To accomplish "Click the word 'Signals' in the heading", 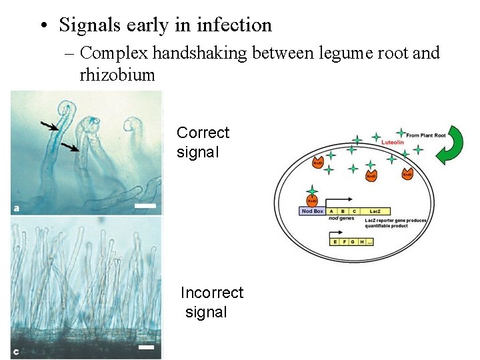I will [x=89, y=25].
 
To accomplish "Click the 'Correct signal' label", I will [x=203, y=142].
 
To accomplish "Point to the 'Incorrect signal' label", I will [x=211, y=302].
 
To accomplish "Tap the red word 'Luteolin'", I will [x=393, y=142].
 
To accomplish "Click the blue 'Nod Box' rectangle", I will [x=312, y=211].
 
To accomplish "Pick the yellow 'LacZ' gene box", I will [x=375, y=211].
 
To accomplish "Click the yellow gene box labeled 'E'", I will [x=335, y=241].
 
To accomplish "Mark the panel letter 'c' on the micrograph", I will [x=16, y=351].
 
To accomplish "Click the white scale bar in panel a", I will [x=145, y=206].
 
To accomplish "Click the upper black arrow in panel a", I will [x=48, y=125].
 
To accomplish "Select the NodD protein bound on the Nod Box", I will [x=311, y=199].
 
